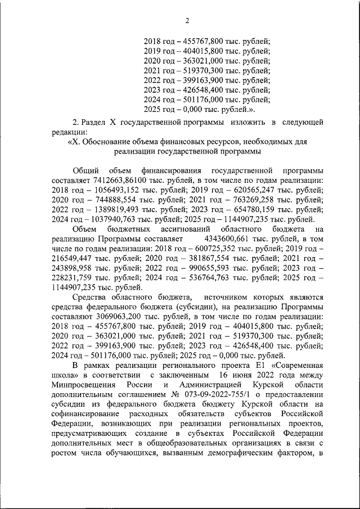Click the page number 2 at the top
click(x=187, y=21)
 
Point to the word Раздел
click(x=94, y=121)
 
